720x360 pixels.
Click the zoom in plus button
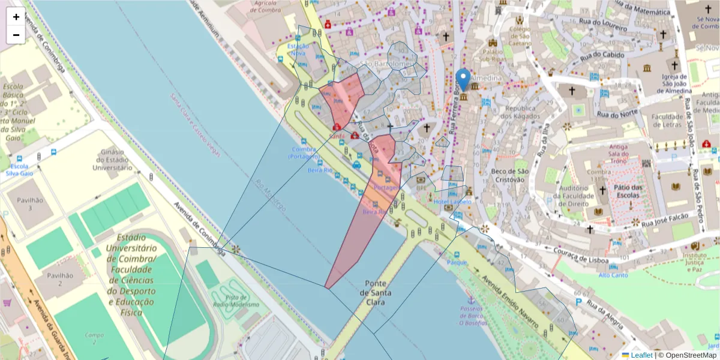tap(16, 17)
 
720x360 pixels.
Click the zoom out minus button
tap(16, 35)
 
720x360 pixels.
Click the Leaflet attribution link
tap(641, 355)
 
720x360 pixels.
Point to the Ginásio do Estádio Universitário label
tap(112, 160)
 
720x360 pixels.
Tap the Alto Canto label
tap(613, 275)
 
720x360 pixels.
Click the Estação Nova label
tap(298, 50)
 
